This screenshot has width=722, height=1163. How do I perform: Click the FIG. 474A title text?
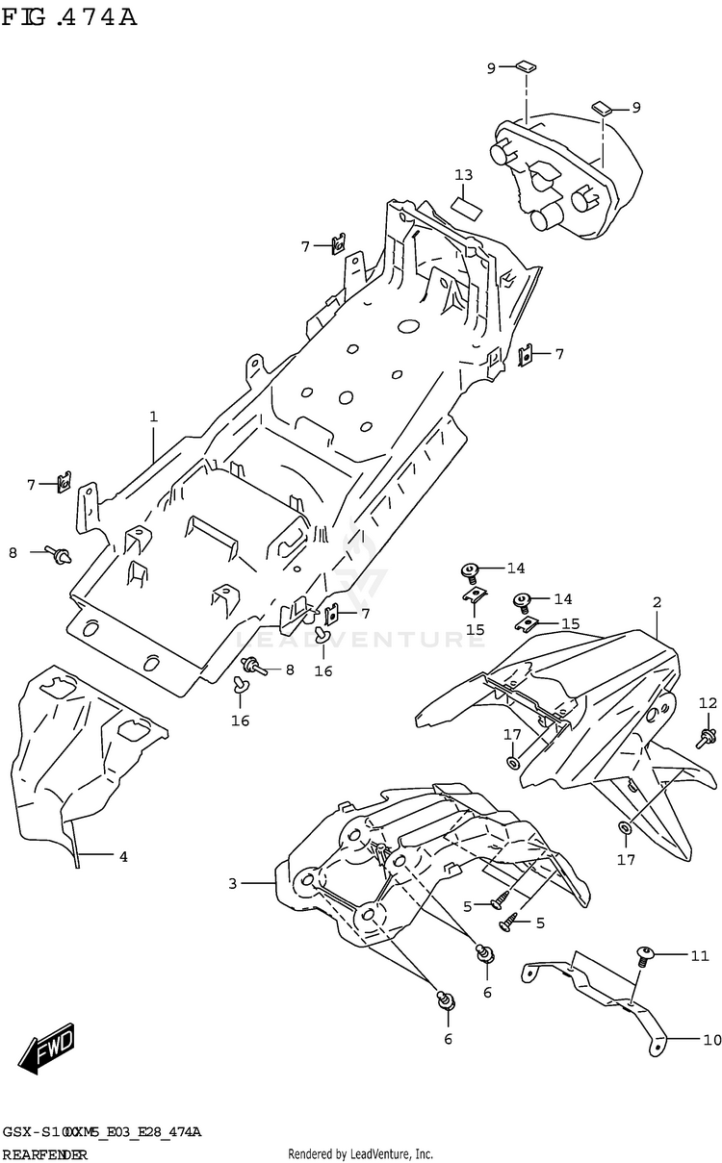69,17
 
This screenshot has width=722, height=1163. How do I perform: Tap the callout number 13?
464,175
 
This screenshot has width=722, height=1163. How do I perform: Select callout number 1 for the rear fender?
153,417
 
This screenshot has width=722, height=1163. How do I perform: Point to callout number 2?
657,602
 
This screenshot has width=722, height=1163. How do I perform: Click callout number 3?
232,882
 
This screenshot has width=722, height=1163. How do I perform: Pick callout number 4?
123,855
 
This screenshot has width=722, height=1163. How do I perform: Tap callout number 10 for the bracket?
711,1039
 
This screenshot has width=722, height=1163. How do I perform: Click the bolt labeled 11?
644,956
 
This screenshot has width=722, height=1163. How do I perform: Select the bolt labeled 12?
709,738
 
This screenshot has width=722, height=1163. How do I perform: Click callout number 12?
709,702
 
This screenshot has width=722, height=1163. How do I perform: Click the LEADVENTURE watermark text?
361,638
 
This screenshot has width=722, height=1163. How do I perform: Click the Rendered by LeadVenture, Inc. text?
360,1153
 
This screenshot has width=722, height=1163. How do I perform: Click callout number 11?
699,955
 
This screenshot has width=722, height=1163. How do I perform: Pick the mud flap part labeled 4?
77,750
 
